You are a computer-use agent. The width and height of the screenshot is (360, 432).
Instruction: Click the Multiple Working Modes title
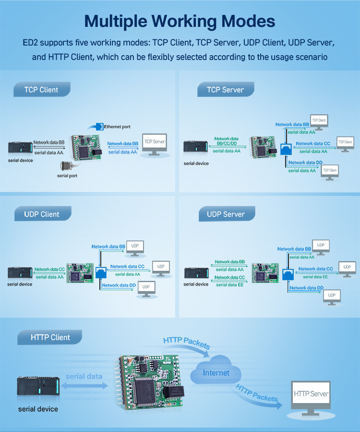[x=180, y=21]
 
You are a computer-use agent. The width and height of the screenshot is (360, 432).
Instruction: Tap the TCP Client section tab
[x=42, y=89]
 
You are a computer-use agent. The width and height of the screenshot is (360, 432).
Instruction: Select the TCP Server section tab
[x=225, y=89]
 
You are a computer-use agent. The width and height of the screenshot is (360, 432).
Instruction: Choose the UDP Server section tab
[x=226, y=214]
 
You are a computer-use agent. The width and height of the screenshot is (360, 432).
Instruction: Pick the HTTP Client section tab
[x=50, y=337]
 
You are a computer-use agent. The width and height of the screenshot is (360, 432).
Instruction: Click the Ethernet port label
[x=117, y=127]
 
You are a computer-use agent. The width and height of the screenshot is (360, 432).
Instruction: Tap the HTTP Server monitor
[x=311, y=396]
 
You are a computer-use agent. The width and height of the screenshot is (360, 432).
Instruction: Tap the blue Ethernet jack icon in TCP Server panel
[x=286, y=149]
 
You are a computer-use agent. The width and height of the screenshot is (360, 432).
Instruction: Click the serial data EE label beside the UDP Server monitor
[x=315, y=276]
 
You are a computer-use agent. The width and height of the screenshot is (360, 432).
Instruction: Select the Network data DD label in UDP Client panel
[x=119, y=285]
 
